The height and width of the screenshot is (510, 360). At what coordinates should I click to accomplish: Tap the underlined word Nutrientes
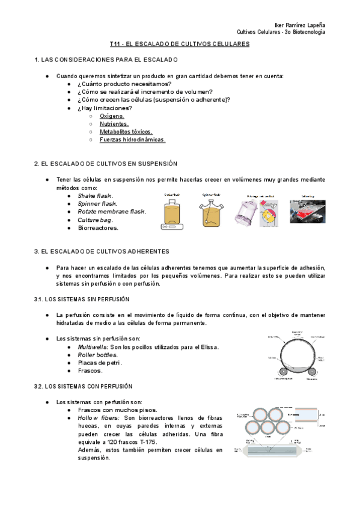tap(114, 123)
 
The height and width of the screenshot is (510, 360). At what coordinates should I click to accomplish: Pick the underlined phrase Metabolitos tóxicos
tap(126, 131)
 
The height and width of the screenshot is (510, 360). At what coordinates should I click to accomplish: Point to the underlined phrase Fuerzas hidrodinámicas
tap(132, 140)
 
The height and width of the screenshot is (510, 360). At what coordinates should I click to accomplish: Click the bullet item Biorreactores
tap(98, 228)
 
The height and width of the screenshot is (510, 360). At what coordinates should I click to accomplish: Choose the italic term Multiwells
tap(94, 347)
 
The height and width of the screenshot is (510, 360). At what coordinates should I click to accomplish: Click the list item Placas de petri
tap(100, 363)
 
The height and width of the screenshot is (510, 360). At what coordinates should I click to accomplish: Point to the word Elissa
tap(207, 347)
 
